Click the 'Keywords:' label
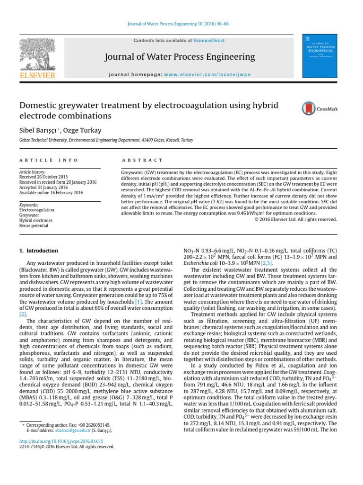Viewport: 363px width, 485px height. pyautogui.click(x=28, y=204)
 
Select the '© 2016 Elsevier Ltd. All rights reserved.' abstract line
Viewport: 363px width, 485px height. pyautogui.click(x=296, y=219)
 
